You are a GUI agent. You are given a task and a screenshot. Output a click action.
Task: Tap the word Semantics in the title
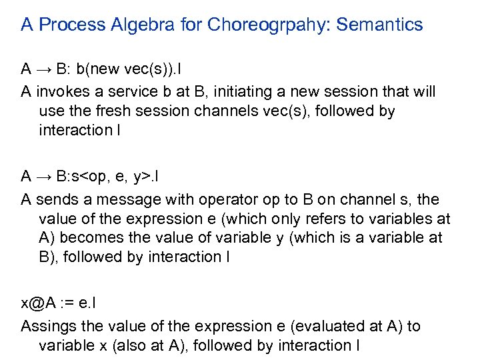(380, 25)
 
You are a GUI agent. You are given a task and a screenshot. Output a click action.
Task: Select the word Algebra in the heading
(146, 25)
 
